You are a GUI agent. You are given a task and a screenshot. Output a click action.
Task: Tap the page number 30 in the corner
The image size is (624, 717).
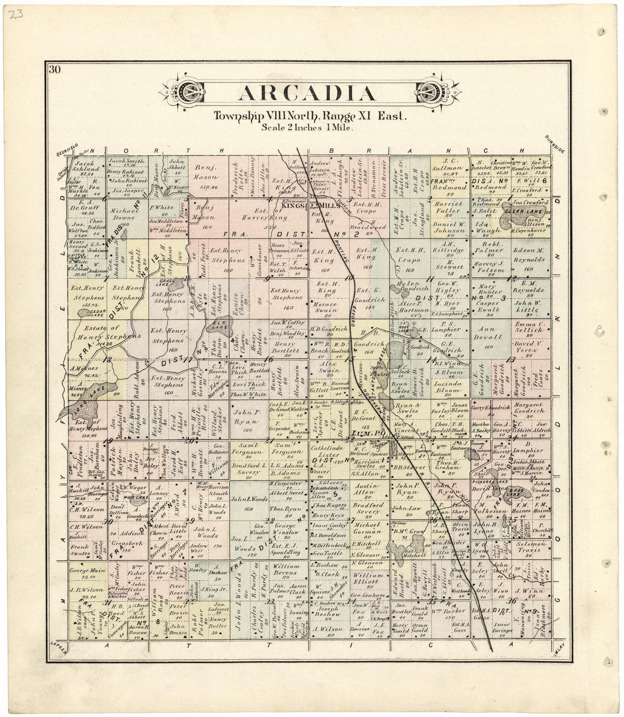(x=54, y=70)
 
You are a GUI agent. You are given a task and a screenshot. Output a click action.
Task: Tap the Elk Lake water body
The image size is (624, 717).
(x=217, y=328)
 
